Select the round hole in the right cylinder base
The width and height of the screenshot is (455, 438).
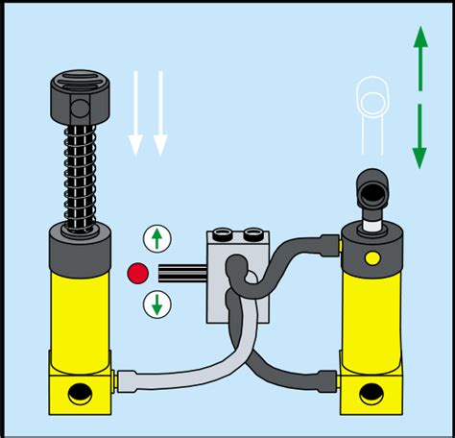[371, 394]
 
